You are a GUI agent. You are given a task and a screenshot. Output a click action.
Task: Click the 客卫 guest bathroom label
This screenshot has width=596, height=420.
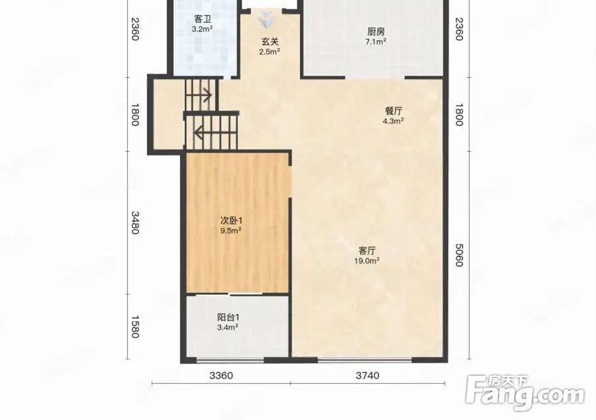coord(203,18)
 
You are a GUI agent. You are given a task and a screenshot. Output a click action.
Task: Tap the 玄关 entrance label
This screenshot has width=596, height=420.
coord(269,42)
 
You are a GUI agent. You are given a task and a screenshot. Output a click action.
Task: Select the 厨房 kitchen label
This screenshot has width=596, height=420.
coord(376,32)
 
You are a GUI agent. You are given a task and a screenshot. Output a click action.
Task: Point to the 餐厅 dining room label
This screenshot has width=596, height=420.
coord(393,111)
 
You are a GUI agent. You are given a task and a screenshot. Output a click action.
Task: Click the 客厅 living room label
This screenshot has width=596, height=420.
coord(367,251)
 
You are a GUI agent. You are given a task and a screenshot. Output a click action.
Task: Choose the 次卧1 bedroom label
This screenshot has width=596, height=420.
coord(231,220)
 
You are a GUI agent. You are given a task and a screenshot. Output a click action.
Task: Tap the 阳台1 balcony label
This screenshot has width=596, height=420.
coord(228,317)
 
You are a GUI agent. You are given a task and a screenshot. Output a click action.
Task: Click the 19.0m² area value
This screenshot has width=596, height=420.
coord(367,260)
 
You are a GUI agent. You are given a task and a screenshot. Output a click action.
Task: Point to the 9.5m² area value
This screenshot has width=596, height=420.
coord(231,230)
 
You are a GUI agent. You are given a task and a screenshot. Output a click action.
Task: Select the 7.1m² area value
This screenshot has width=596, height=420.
coord(376,42)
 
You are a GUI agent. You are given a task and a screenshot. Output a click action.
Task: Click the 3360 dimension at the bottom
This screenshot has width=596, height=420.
coord(221,375)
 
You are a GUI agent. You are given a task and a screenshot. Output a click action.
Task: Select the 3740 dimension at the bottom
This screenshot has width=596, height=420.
coord(367,375)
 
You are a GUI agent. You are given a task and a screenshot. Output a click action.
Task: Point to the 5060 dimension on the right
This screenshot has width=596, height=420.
coord(459,255)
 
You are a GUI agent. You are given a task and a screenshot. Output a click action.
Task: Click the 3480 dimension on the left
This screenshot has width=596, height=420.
coord(135,223)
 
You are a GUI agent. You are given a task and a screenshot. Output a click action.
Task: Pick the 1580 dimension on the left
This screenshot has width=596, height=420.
coord(135,326)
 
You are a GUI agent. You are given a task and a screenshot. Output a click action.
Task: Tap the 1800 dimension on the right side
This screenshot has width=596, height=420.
coord(459,115)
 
